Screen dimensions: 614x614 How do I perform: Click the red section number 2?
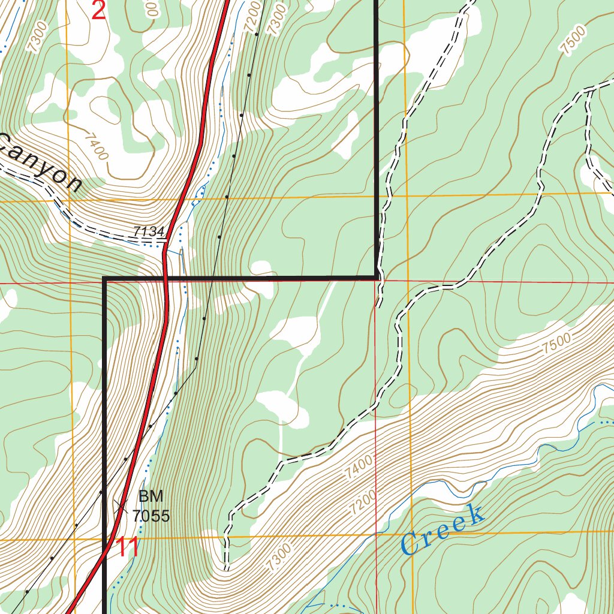[98, 10]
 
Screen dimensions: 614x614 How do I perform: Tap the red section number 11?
[128, 547]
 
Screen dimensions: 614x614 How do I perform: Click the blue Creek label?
[443, 529]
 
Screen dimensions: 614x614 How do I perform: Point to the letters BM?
[151, 496]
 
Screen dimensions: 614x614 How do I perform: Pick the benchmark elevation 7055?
[151, 516]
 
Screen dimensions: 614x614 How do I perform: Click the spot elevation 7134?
[149, 231]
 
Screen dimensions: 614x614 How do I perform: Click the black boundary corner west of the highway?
[105, 278]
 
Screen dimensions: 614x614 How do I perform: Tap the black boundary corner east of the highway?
[377, 277]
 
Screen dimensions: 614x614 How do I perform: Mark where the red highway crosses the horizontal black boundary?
[165, 278]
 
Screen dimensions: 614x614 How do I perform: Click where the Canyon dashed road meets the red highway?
[166, 243]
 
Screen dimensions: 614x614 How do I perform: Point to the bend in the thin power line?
[196, 366]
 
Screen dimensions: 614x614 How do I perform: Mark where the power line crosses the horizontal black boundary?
[210, 278]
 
